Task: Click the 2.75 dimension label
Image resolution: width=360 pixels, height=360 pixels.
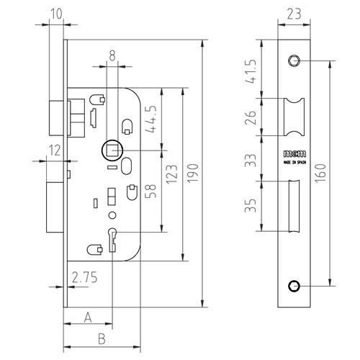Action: point(85,277)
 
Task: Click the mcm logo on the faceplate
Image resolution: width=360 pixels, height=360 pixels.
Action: point(295,153)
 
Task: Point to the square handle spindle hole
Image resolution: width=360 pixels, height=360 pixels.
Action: point(113,150)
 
